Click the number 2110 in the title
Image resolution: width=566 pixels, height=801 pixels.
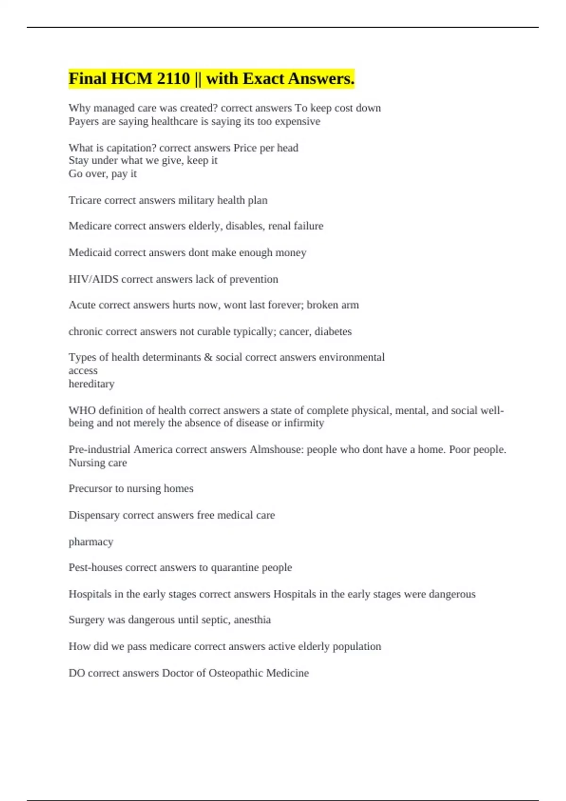tap(173, 78)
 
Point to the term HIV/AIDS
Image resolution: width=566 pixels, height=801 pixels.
tap(93, 279)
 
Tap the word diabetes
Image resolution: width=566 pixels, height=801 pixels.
tap(333, 332)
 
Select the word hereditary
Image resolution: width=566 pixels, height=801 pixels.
tap(92, 384)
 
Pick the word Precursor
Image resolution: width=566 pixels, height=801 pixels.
tap(90, 489)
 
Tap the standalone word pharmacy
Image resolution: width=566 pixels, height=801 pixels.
tap(91, 542)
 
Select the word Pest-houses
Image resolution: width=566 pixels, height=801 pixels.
tap(95, 567)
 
